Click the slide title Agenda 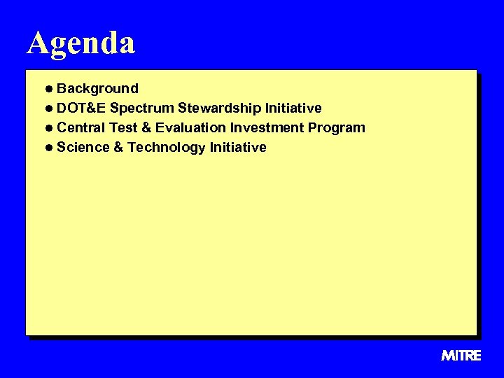[x=81, y=43]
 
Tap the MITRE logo [x=461, y=356]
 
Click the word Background [x=97, y=88]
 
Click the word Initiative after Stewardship [x=293, y=108]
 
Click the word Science [x=83, y=147]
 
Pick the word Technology [x=167, y=148]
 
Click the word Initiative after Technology [x=238, y=147]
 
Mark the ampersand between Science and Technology [x=118, y=147]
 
